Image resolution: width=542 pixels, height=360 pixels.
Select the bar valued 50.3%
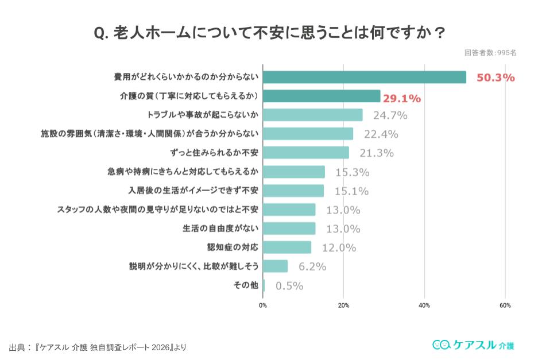pos(365,77)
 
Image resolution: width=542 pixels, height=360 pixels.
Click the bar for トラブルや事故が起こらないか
pos(313,115)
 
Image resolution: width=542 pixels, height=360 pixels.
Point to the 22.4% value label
pos(381,134)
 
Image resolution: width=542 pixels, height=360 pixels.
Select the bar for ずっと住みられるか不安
pos(306,153)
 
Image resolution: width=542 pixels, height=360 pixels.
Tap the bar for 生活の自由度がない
pos(289,229)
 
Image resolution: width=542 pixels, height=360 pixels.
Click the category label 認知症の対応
pos(233,247)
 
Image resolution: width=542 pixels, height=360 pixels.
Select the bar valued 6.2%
pos(276,266)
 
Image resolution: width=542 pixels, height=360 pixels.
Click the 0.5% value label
pos(289,285)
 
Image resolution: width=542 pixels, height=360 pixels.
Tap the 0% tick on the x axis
pos(263,305)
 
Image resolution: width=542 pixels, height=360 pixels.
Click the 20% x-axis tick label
pos(343,305)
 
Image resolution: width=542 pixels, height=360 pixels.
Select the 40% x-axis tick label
pos(424,305)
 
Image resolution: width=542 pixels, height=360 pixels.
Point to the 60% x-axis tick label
pos(505,305)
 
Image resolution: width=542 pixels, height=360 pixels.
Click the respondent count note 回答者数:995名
pos(490,53)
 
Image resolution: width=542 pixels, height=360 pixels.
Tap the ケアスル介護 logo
pos(473,344)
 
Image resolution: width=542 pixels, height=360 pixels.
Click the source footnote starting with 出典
pos(98,347)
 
